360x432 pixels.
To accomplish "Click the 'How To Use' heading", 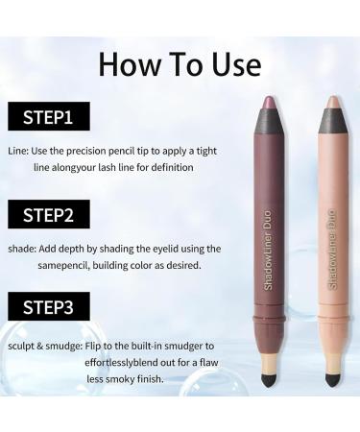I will [x=180, y=63].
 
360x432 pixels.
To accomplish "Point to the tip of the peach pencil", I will [x=331, y=103].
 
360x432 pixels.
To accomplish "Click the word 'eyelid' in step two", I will [x=184, y=248].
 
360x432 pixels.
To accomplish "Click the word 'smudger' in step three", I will [x=187, y=344].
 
